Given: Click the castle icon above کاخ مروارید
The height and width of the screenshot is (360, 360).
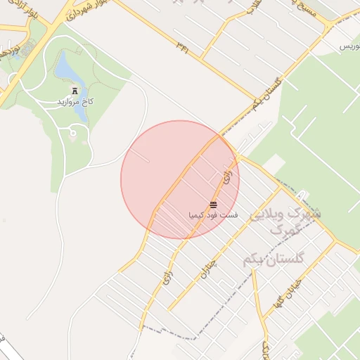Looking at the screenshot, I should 75,91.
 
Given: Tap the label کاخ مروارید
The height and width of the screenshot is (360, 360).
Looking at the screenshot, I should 75,103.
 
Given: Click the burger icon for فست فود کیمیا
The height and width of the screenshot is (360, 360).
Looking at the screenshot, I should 213,205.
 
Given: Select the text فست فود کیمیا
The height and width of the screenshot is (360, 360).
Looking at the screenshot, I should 213,214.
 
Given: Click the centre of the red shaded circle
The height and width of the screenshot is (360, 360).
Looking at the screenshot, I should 180,179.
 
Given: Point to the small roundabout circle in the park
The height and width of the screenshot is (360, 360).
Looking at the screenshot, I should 73,133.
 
